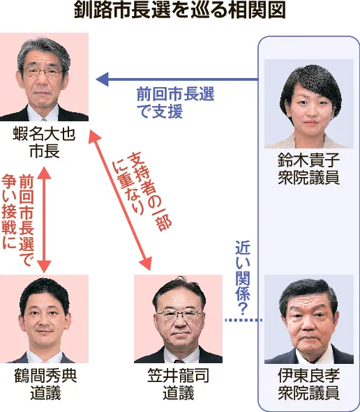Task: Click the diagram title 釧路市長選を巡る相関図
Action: coord(180,11)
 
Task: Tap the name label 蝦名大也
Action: coord(44,135)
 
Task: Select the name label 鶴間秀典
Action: coord(45,376)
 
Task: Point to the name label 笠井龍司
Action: coord(179,376)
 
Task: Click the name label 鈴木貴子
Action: coord(309,160)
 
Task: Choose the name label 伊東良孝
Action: coord(309,376)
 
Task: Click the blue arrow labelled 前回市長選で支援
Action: coord(177,79)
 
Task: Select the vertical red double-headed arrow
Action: coord(44,220)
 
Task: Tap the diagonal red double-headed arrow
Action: coord(120,200)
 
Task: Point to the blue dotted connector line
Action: coord(243,320)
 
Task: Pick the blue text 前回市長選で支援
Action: coord(175,103)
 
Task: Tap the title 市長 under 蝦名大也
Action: coord(45,151)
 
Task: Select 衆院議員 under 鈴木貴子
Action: coord(309,177)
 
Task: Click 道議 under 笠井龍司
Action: coord(179,393)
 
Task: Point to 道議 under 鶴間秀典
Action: coord(45,393)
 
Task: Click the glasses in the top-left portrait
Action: coord(43,72)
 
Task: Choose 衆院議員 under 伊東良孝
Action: coord(309,393)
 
